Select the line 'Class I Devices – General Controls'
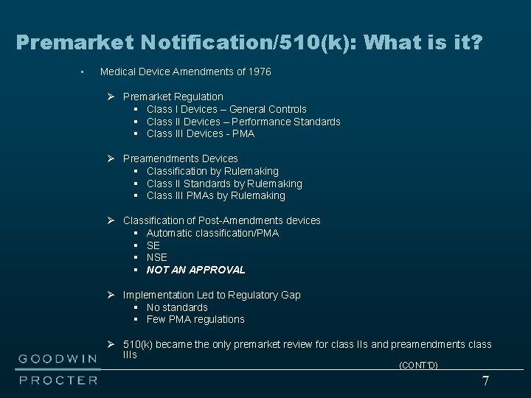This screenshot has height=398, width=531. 226,109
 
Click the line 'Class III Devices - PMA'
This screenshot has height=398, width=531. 200,133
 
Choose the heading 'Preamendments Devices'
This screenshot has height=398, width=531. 180,158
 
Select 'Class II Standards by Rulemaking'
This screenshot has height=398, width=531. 224,184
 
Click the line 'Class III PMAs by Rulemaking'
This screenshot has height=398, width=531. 215,195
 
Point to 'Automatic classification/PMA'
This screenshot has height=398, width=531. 212,233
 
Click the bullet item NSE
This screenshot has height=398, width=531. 157,257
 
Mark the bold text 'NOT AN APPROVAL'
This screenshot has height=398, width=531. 195,270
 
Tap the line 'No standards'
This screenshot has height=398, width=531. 177,307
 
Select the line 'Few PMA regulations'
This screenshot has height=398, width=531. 195,319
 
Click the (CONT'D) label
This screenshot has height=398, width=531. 418,366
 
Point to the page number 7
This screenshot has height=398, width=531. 485,381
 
